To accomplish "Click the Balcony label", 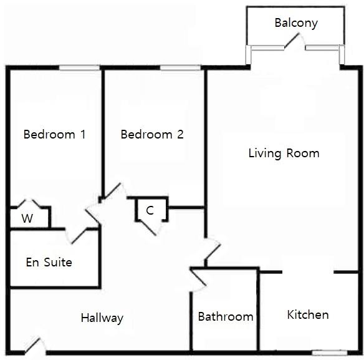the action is click(296, 23).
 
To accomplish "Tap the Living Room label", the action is click(284, 153).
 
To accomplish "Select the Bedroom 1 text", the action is click(55, 134).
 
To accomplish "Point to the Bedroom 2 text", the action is click(152, 134).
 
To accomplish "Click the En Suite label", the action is click(49, 262).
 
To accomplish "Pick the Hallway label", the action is click(102, 318).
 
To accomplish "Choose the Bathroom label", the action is click(226, 316).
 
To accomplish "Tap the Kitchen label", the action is click(308, 314).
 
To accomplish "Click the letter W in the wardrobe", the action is click(27, 218).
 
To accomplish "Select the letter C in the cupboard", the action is click(150, 210).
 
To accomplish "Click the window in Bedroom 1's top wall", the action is click(79, 67).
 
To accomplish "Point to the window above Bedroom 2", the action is click(180, 67).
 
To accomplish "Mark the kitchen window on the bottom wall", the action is click(330, 353).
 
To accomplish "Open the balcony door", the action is click(292, 41).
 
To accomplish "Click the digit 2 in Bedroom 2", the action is click(180, 134).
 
